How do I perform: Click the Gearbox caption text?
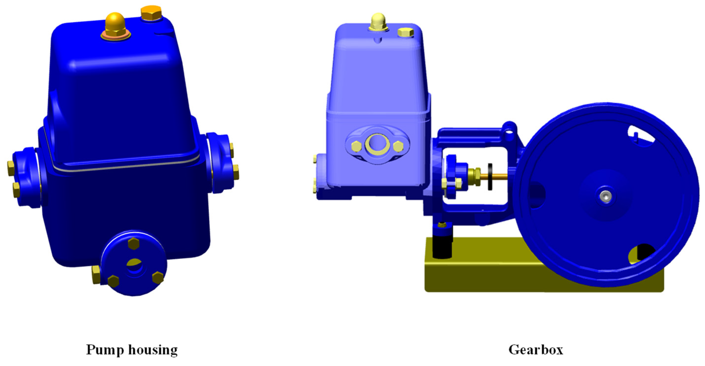536,350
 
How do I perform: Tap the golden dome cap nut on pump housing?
115,23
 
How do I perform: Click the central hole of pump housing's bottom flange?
134,265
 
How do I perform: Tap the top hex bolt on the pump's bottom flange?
134,243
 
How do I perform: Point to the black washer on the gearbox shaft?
490,177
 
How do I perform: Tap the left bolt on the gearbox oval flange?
356,146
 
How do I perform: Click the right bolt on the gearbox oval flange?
398,146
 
